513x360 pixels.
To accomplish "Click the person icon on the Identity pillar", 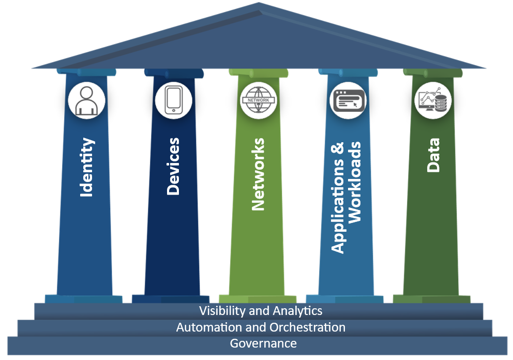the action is [87, 100].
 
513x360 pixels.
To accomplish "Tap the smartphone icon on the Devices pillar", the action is [173, 100].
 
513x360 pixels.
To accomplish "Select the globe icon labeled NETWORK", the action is [259, 100].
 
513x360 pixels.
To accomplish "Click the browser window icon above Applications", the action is [349, 100].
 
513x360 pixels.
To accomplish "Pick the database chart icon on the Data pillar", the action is [433, 100].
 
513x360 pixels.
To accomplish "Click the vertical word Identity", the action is [87, 167].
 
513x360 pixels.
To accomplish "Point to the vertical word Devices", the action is [173, 166].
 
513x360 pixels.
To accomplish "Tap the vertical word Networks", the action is [258, 174].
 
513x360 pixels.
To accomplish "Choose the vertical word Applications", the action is [338, 198].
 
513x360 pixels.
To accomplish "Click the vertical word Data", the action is [433, 155].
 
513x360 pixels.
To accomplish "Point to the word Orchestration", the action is [307, 327].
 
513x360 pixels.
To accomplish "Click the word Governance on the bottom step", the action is [263, 343].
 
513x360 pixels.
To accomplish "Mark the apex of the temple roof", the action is [259, 3].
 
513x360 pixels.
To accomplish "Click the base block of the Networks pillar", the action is [258, 299].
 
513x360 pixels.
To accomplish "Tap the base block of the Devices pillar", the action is [171, 299].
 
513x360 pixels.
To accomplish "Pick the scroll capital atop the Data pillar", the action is [433, 72].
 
